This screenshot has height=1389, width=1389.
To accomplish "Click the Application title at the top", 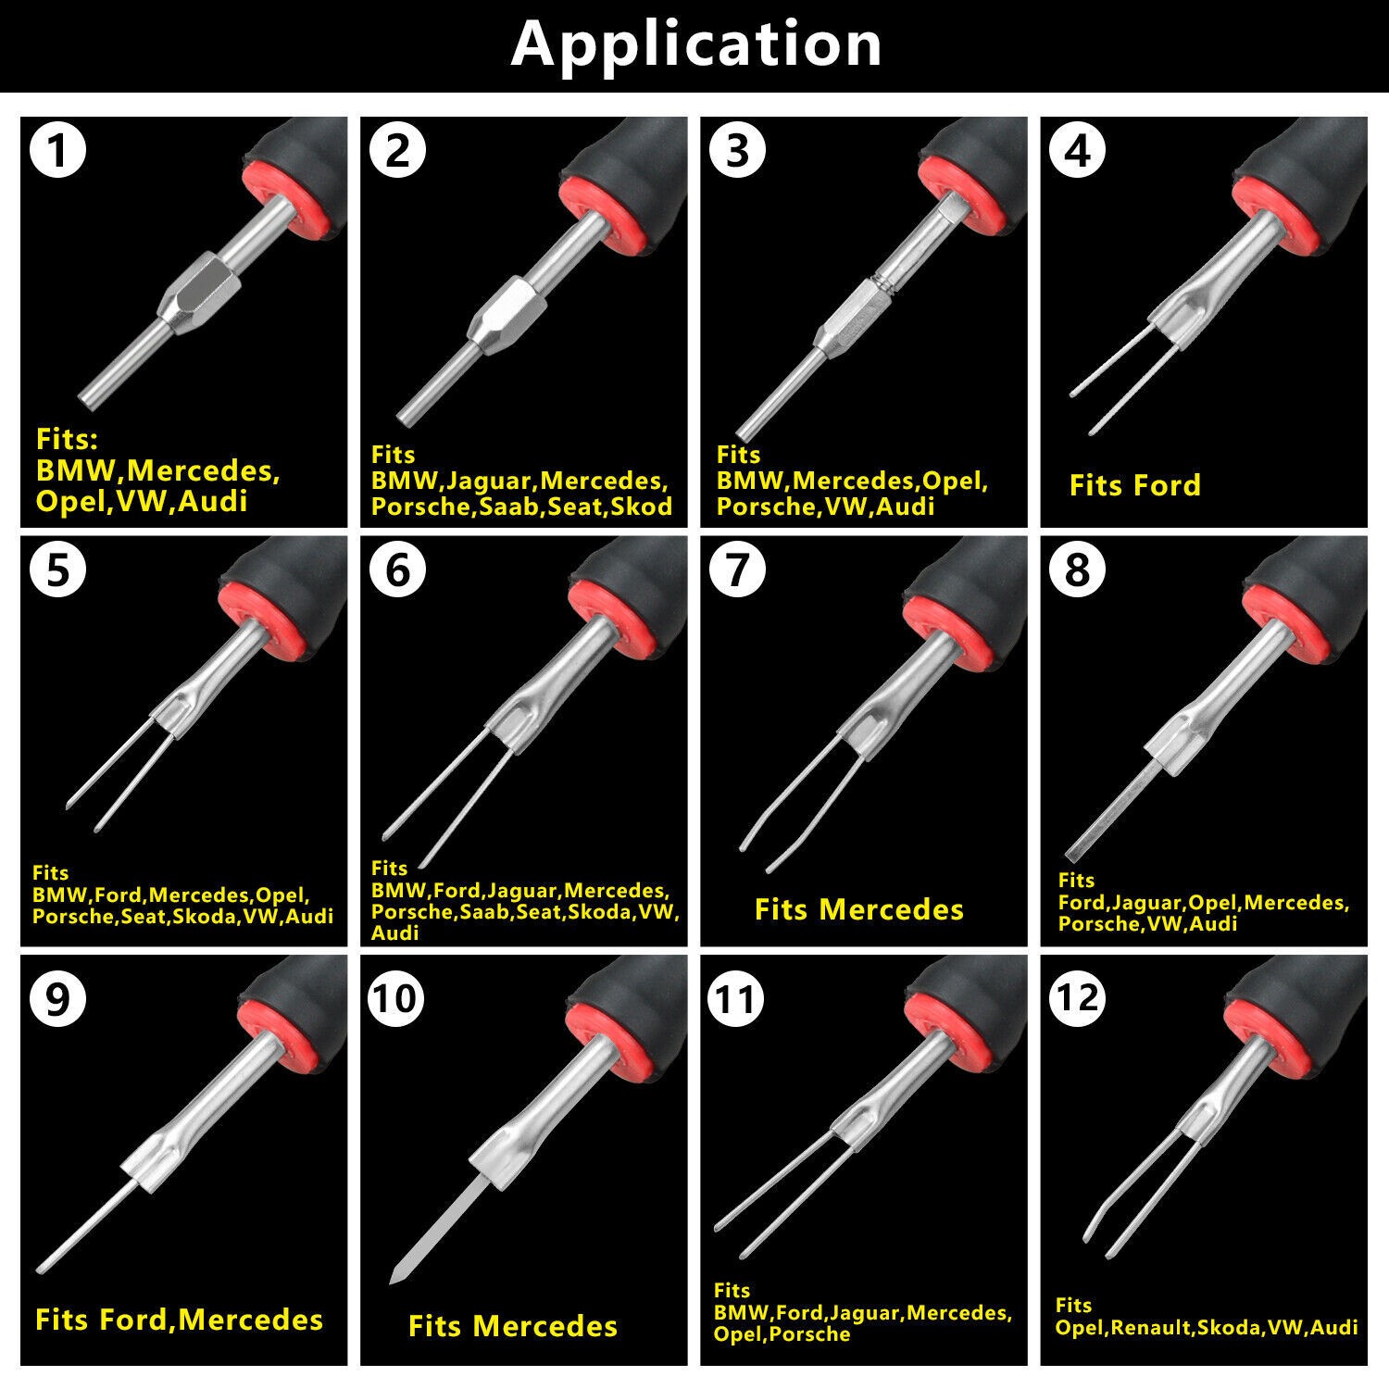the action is tap(696, 44).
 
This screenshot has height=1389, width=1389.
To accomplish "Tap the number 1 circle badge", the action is tap(57, 150).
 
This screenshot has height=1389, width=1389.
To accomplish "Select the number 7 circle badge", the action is tap(737, 569).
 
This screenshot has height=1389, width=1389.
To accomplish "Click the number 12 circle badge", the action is tap(1078, 998).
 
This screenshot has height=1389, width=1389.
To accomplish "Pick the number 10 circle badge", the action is tap(397, 998).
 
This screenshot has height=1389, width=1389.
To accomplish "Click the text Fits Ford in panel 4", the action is tap(1134, 485).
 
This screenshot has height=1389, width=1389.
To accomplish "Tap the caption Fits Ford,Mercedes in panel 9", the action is tap(179, 1320).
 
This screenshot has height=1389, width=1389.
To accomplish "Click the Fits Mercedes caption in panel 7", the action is tap(859, 909).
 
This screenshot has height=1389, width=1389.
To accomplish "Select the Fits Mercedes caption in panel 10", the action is tap(513, 1326).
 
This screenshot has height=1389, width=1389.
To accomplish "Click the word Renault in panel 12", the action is tap(1150, 1328).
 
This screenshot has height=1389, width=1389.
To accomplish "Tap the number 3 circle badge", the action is tap(737, 150).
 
